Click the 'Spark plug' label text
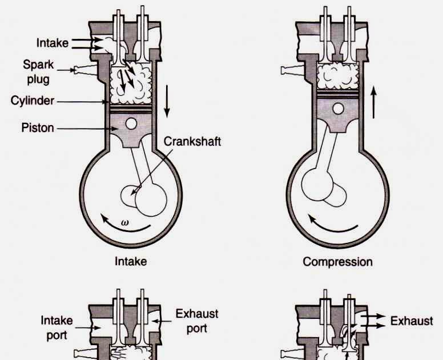38,71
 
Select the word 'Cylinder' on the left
33,101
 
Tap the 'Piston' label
38,127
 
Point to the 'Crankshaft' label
192,141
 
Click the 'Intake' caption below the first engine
131,262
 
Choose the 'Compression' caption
337,262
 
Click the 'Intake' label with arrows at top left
53,43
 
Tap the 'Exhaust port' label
196,321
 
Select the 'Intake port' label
57,327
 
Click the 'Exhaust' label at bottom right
411,321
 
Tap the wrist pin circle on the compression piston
339,109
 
